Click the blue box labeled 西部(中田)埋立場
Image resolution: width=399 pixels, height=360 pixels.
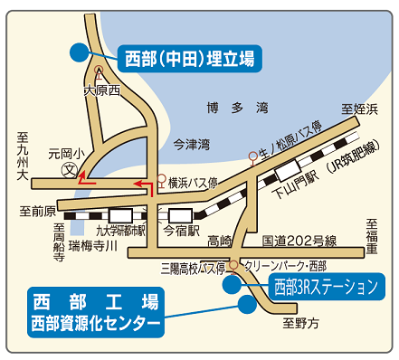(188, 60)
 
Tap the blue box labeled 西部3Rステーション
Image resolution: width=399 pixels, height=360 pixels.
(324, 289)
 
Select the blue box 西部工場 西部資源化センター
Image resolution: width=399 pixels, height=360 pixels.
(94, 310)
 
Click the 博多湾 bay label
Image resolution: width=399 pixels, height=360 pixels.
(237, 108)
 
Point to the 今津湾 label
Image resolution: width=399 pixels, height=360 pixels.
(191, 144)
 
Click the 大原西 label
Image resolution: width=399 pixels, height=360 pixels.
(101, 90)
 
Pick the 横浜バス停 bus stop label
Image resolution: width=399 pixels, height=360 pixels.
(193, 182)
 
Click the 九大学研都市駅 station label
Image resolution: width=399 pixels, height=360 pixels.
(114, 230)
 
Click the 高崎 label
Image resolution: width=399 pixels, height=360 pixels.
(219, 241)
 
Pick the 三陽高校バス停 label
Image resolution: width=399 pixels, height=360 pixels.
(192, 268)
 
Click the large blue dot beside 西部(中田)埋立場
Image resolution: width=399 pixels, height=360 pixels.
(80, 53)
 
